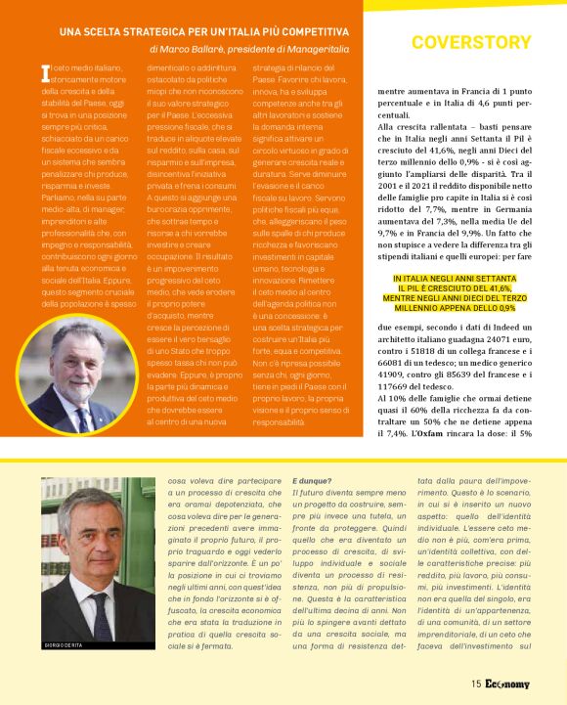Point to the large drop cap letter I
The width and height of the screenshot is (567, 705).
click(44, 73)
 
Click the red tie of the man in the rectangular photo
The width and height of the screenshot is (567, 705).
click(101, 606)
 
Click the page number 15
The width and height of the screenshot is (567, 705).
click(474, 684)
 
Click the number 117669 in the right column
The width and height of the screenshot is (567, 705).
click(393, 384)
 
